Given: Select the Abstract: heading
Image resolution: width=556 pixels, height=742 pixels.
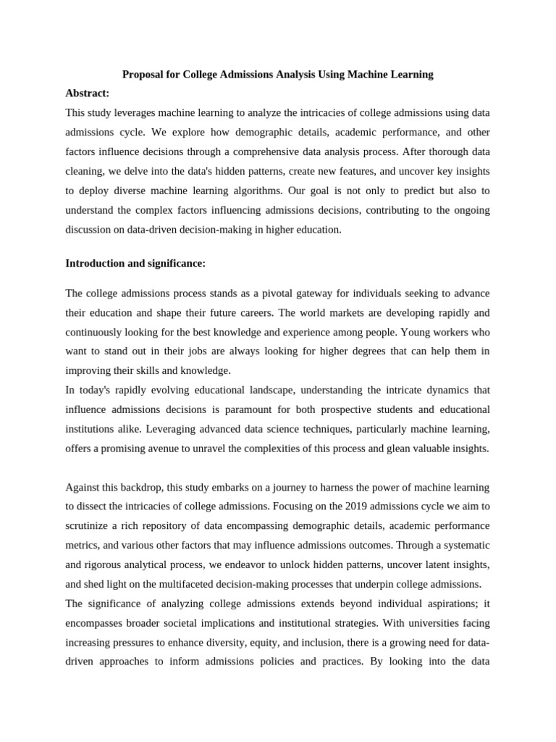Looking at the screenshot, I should (88, 93).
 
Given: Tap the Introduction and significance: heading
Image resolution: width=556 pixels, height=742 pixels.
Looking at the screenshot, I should (135, 264).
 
